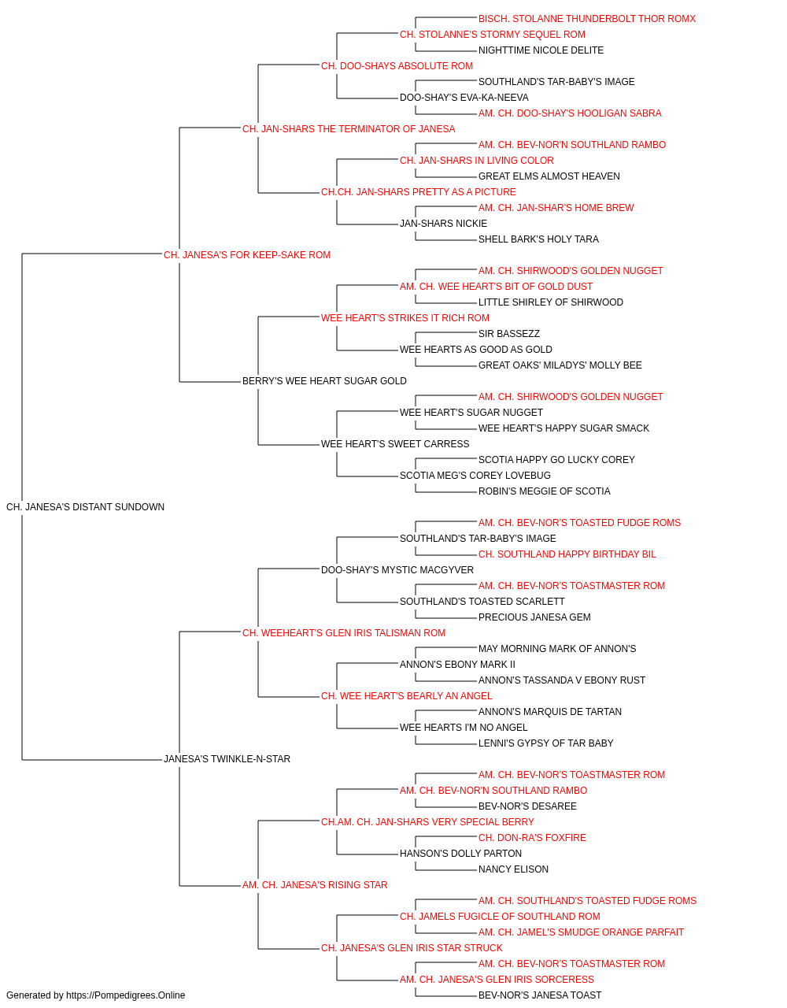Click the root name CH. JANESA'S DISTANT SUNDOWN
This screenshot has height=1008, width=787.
pos(85,506)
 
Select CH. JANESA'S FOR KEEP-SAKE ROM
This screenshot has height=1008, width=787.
pos(247,254)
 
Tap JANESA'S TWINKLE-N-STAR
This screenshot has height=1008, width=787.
pos(227,759)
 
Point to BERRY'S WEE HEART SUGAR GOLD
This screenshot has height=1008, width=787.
pos(324,381)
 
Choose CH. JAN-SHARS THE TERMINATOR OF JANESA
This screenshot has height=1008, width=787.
pos(349,129)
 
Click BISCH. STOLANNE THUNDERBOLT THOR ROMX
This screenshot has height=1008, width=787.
pos(587,19)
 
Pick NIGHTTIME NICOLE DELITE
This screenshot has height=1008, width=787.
pos(541,50)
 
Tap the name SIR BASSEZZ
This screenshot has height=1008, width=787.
pos(509,334)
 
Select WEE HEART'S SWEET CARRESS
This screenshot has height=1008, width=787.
pos(395,444)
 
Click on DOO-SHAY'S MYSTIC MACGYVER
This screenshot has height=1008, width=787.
pos(397,569)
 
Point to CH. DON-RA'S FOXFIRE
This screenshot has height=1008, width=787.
pos(532,838)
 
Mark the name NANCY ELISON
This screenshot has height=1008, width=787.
pos(514,869)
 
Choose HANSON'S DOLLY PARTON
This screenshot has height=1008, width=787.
pos(460,854)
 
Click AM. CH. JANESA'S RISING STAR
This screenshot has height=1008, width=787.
pos(315,885)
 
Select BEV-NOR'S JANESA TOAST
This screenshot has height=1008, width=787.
pos(540,995)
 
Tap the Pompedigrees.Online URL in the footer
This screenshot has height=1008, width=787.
pos(126,995)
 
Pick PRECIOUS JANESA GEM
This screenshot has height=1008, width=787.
pos(534,617)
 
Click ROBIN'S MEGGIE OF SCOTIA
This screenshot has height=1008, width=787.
pos(545,491)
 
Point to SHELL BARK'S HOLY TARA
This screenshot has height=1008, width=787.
pos(538,239)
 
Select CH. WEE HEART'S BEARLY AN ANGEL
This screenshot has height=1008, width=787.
pos(406,696)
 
